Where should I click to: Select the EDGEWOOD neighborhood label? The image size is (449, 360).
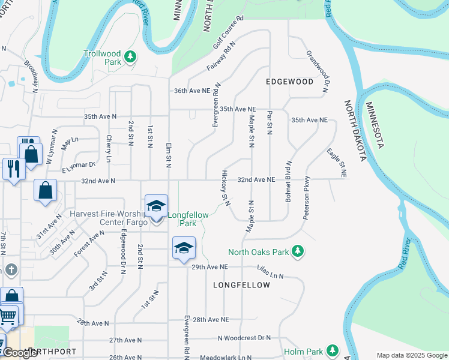click(289, 81)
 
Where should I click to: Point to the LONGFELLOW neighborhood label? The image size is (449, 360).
click(241, 285)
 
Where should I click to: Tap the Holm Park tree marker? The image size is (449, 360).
click(331, 351)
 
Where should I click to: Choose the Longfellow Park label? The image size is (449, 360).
click(182, 218)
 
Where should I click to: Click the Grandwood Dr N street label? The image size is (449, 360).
click(318, 71)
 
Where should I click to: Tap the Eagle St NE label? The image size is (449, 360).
click(336, 163)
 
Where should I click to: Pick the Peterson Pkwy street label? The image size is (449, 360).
click(307, 197)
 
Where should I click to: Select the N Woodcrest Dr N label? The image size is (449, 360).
click(244, 338)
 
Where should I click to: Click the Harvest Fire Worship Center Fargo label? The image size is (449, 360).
click(108, 218)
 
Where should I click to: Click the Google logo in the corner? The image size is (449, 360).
click(20, 353)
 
